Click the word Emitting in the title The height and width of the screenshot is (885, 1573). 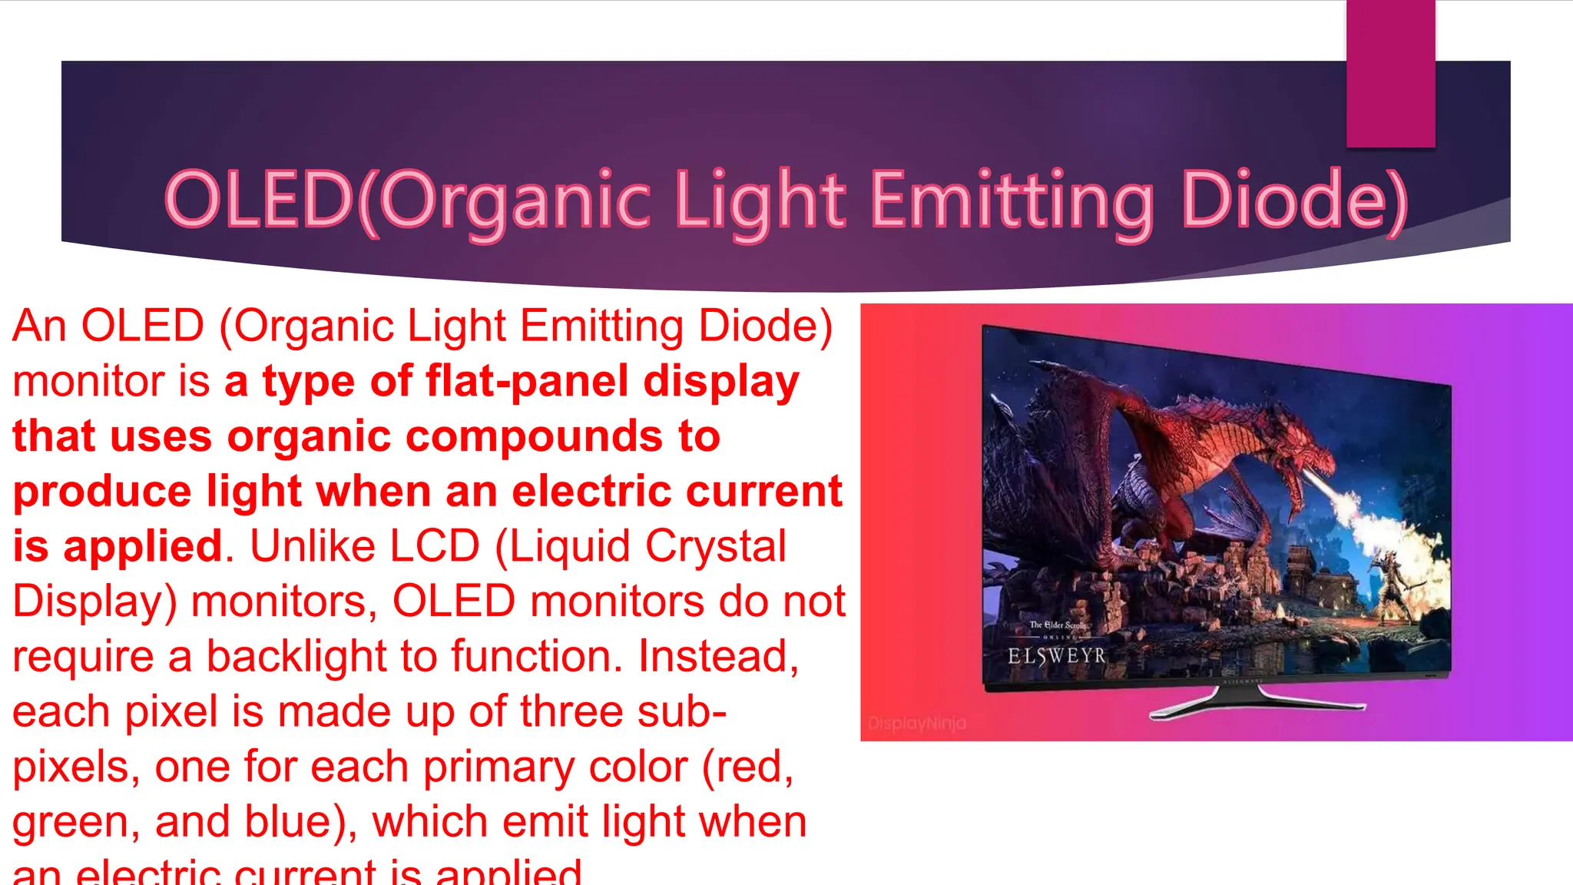[x=1012, y=201]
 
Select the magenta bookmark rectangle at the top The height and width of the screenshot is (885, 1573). [x=1390, y=74]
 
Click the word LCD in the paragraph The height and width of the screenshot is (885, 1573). [x=434, y=546]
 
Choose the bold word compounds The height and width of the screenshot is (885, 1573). [x=533, y=436]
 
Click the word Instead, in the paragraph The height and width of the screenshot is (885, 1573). [x=719, y=657]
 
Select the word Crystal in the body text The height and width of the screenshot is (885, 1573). [x=716, y=546]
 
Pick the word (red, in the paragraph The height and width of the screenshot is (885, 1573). [x=747, y=767]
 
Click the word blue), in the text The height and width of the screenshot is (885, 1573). [x=301, y=822]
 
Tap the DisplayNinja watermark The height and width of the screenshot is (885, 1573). [x=917, y=723]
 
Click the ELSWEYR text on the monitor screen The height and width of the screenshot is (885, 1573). [x=1056, y=656]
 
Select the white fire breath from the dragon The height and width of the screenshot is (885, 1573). [x=1383, y=522]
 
